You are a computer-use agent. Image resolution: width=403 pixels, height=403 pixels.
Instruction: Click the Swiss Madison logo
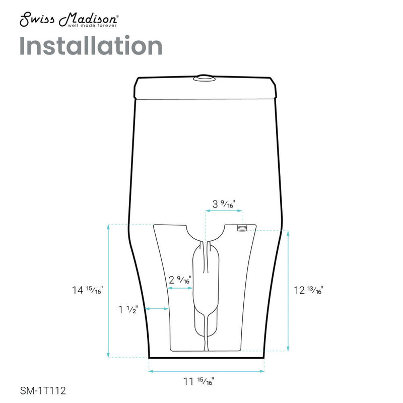pyautogui.click(x=69, y=20)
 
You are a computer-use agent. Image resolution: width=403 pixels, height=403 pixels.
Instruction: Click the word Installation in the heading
pyautogui.click(x=91, y=46)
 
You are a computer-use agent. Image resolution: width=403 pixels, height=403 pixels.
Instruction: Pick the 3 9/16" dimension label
pyautogui.click(x=224, y=204)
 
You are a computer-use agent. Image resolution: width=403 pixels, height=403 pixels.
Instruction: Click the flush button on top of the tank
pyautogui.click(x=204, y=78)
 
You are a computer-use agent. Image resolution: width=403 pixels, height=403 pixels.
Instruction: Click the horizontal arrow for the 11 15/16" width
pyautogui.click(x=207, y=372)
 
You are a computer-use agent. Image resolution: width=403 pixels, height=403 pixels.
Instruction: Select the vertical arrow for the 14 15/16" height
pyautogui.click(x=109, y=291)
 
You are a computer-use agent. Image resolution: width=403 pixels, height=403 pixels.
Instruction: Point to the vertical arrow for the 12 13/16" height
pyautogui.click(x=288, y=291)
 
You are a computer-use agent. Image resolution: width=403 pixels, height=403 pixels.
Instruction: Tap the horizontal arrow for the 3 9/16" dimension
pyautogui.click(x=224, y=212)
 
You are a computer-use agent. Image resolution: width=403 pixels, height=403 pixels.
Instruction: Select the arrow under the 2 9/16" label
pyautogui.click(x=179, y=289)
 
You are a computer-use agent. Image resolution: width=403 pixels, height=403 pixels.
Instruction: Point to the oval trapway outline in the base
pyautogui.click(x=206, y=292)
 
